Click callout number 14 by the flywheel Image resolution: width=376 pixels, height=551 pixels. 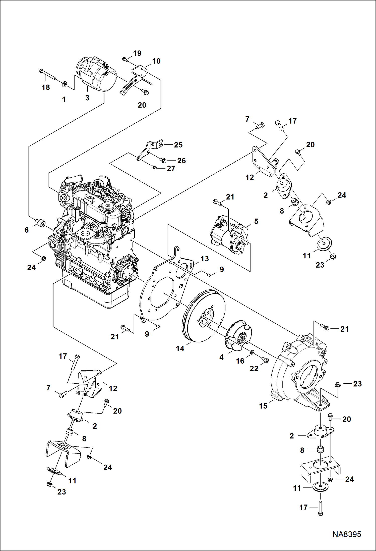pyautogui.click(x=180, y=348)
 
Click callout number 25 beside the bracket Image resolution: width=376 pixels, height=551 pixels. pyautogui.click(x=178, y=145)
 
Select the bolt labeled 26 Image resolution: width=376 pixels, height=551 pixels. pyautogui.click(x=163, y=160)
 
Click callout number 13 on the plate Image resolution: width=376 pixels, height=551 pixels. pyautogui.click(x=205, y=259)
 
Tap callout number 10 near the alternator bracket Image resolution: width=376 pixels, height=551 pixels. pyautogui.click(x=156, y=61)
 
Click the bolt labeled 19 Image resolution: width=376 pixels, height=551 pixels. pyautogui.click(x=125, y=59)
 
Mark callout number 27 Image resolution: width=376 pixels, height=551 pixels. pyautogui.click(x=171, y=169)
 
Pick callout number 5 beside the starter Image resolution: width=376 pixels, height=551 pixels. pyautogui.click(x=256, y=221)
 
